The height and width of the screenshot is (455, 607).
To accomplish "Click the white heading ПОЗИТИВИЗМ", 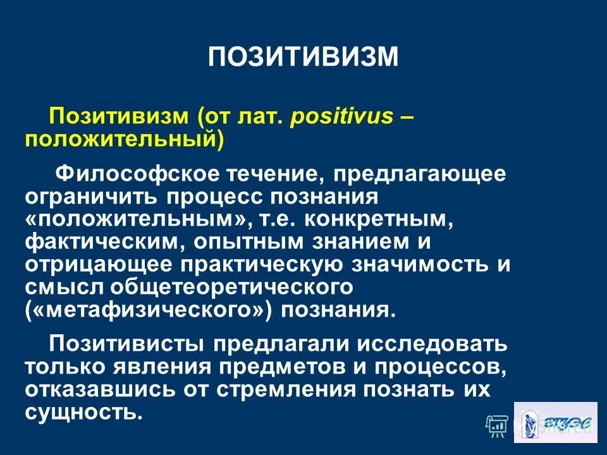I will tap(303, 56).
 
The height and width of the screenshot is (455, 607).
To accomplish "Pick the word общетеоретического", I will tap(230, 287).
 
